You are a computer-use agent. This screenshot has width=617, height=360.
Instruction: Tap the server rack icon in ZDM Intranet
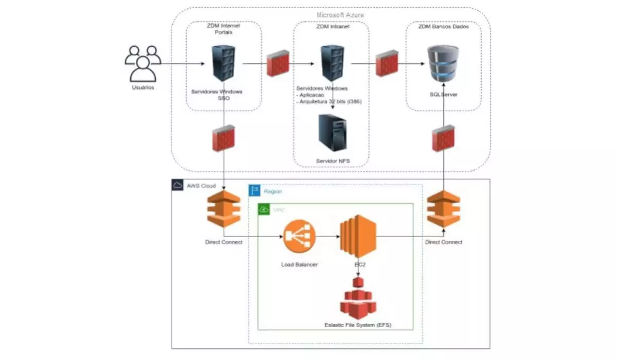pos(332,63)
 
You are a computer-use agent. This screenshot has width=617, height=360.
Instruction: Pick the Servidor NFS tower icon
pos(332,133)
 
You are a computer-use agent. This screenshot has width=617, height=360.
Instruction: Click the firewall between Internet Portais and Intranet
pos(278,64)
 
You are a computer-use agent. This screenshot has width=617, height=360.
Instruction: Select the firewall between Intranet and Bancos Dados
pos(386,64)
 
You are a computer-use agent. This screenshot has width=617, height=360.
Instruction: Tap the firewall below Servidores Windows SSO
pos(224,138)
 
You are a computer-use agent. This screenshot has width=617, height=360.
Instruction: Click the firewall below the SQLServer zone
pos(443,138)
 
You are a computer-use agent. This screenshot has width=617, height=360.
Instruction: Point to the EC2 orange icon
pos(358,237)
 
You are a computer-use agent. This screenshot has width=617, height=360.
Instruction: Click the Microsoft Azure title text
pos(340,15)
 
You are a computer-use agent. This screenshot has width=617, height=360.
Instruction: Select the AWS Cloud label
pos(201,186)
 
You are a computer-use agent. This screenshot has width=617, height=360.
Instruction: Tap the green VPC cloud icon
pos(264,210)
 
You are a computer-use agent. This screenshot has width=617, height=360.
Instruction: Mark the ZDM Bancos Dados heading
pos(443,27)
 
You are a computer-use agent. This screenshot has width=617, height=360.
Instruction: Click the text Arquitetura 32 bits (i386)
pos(330,101)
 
